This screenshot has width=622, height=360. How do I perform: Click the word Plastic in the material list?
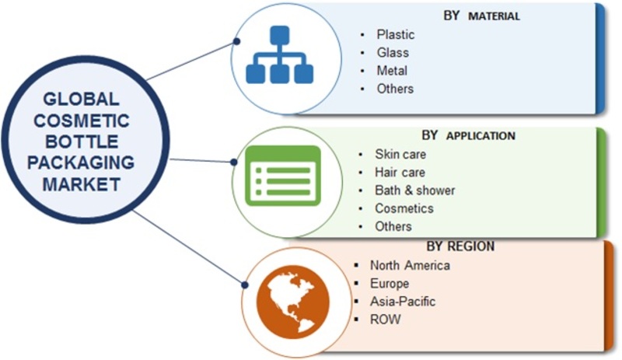[396, 34]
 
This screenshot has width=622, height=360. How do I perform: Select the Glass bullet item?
[393, 52]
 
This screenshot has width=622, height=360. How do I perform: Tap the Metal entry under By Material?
[392, 71]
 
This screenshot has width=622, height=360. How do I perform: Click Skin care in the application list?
[400, 154]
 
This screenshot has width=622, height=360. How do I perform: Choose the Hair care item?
[400, 173]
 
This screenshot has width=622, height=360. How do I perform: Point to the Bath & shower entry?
[415, 190]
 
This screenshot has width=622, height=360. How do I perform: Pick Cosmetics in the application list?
[404, 208]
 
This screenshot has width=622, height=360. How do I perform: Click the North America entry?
[410, 265]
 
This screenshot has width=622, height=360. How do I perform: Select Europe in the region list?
[390, 283]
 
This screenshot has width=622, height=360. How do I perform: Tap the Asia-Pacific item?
[403, 301]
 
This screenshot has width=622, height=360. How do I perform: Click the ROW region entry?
[385, 319]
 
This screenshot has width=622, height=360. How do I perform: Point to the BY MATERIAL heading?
[481, 16]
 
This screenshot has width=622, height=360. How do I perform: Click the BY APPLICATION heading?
[469, 135]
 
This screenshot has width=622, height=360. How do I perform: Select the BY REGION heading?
[460, 246]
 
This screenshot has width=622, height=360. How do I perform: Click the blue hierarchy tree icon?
[280, 54]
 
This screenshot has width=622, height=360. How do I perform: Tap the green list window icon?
[283, 176]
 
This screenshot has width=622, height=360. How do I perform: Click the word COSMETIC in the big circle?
[82, 121]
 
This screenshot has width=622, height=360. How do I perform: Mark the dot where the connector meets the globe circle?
[245, 285]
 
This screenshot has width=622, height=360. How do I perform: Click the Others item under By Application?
[393, 226]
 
